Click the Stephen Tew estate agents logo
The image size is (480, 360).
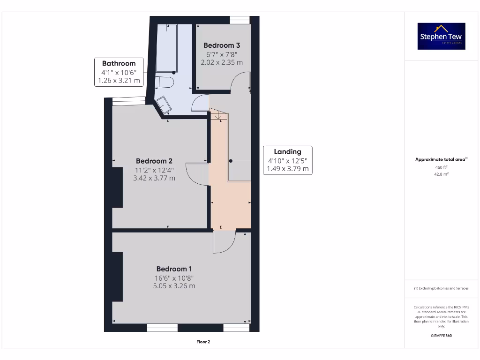[441, 36]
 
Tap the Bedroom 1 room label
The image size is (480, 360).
[174, 269]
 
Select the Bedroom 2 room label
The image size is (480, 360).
[154, 161]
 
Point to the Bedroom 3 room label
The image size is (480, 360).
[222, 45]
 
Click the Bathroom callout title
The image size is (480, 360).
[119, 64]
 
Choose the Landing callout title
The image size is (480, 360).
[287, 152]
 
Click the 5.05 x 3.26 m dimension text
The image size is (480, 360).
[174, 286]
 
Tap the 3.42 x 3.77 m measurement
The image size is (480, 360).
[154, 178]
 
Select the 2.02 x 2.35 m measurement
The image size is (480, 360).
[222, 62]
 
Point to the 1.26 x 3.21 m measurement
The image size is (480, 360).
[119, 81]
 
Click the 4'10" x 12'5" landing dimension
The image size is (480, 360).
[287, 161]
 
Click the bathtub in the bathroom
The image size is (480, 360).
[166, 47]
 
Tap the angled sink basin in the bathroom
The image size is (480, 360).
[164, 104]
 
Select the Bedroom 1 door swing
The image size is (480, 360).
[224, 242]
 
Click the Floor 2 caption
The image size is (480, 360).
[203, 342]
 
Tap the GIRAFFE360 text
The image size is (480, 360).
[441, 336]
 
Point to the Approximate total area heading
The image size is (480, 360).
[441, 160]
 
